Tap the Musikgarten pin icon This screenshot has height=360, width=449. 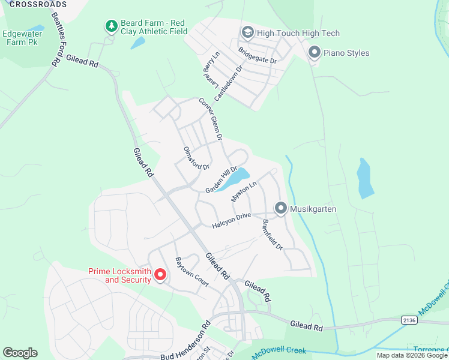click(x=280, y=208)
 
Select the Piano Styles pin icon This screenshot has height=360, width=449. click(x=314, y=53)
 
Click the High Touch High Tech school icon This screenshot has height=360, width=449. click(x=247, y=32)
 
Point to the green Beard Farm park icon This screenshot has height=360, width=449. click(x=110, y=26)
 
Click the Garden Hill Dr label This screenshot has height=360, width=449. click(x=221, y=180)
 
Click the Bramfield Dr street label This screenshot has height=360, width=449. click(x=271, y=234)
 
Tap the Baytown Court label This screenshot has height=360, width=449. click(x=191, y=272)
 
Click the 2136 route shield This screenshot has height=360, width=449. click(x=409, y=320)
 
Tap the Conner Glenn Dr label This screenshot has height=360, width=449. click(x=211, y=119)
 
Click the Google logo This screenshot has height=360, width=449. click(x=20, y=353)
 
